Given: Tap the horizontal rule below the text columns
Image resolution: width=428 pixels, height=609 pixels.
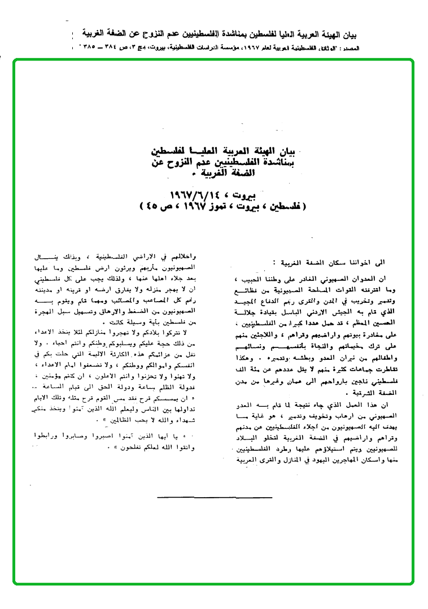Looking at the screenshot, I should click(215, 498).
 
